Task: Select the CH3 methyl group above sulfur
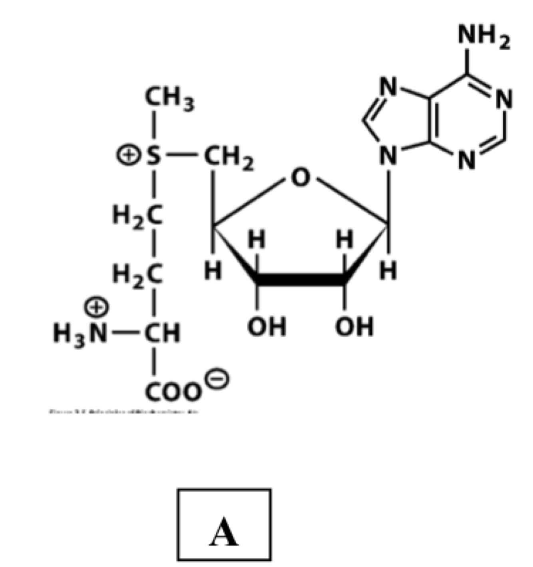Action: click(169, 98)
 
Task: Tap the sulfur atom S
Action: click(153, 155)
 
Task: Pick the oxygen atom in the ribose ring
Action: click(300, 177)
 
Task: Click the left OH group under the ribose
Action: click(267, 327)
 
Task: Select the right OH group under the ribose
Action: click(354, 327)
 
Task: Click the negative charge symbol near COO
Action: click(217, 379)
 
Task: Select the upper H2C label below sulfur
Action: click(137, 216)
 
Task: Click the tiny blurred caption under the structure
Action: click(123, 412)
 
